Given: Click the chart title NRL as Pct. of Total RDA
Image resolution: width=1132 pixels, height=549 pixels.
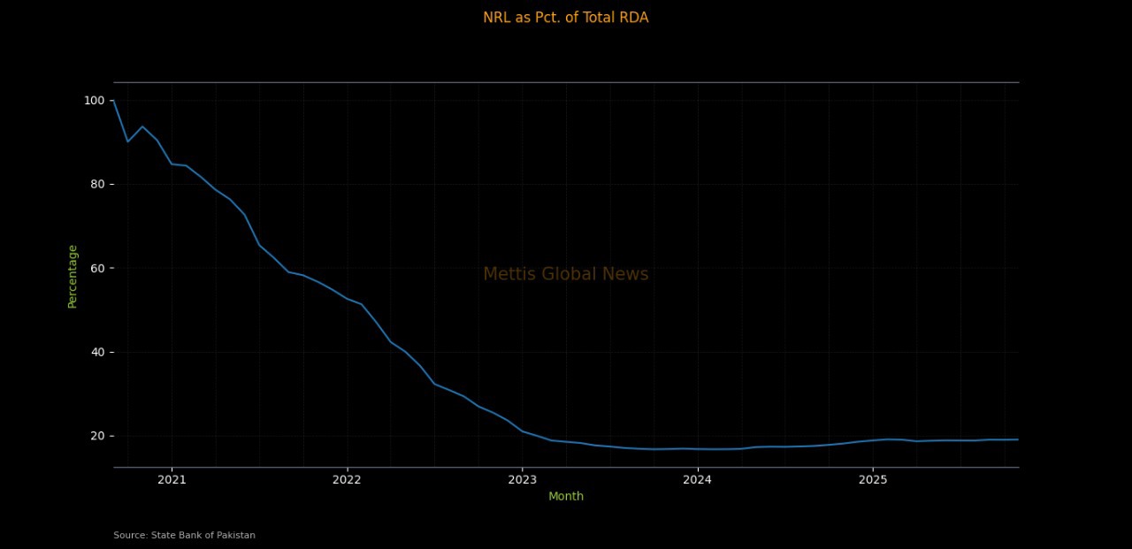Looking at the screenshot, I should point(565,18).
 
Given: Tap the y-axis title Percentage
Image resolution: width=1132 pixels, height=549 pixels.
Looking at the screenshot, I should point(73,276).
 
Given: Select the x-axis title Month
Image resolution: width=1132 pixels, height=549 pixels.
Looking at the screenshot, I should point(566,496).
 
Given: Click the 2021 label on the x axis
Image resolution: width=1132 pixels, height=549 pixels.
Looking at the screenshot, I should point(172,480).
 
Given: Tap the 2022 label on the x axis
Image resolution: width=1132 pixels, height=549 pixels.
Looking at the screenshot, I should point(347,480).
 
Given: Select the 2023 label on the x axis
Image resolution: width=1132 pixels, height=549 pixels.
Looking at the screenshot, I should point(522,480).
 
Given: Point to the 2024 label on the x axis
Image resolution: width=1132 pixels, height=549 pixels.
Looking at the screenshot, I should point(697,480).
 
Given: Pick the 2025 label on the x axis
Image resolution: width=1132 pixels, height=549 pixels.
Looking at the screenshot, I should point(873,480).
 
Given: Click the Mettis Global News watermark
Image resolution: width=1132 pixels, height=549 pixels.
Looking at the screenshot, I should point(565,274).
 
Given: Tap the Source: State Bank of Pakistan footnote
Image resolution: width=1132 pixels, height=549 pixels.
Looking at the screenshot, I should point(184,535).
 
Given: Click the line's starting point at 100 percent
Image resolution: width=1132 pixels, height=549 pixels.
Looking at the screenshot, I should point(113,101).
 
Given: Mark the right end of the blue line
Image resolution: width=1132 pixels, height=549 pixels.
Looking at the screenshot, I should point(1018,439).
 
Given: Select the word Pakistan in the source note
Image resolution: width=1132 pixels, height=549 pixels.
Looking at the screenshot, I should point(235,535).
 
